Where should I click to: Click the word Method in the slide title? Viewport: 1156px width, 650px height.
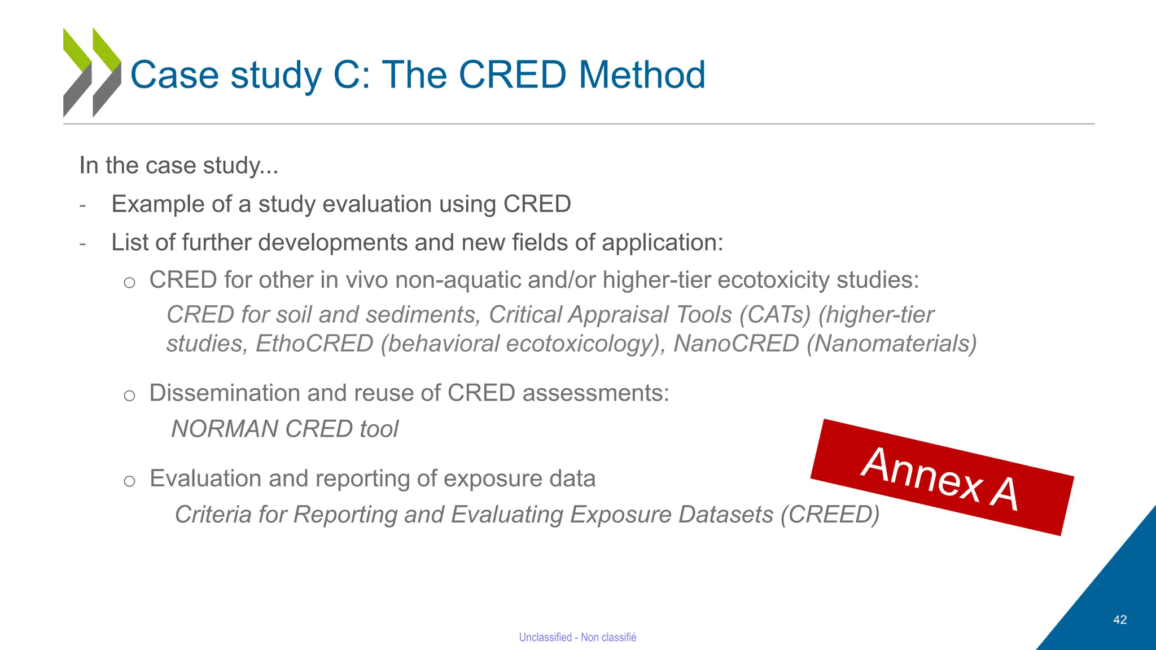point(642,74)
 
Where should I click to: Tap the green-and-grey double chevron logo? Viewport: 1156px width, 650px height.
point(92,72)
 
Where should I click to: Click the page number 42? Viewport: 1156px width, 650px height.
point(1120,620)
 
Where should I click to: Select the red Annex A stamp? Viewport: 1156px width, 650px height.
point(942,477)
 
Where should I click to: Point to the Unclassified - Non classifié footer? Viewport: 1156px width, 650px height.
point(577,637)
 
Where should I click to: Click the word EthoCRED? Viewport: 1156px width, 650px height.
point(314,344)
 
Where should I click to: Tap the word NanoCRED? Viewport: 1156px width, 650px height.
point(735,344)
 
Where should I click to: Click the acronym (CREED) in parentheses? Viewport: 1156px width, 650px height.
point(830,515)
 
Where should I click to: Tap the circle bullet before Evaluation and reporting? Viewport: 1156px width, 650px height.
point(130,481)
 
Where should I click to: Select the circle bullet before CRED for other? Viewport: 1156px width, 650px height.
point(130,282)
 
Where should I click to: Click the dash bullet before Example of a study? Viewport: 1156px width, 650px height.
point(83,205)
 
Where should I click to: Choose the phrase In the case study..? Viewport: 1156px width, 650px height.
point(178,165)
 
